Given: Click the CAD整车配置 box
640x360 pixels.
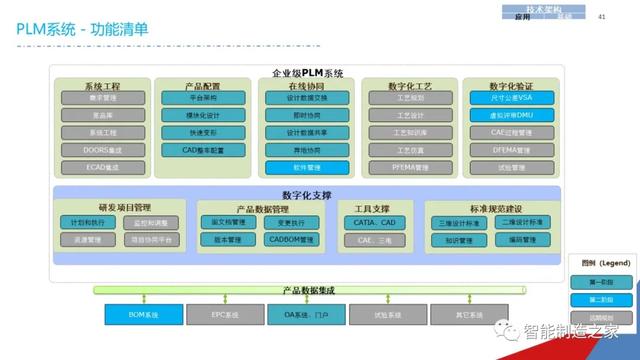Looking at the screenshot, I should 204,150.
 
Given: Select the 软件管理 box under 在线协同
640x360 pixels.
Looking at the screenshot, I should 306,167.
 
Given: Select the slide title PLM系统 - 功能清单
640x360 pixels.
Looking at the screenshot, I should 82,29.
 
